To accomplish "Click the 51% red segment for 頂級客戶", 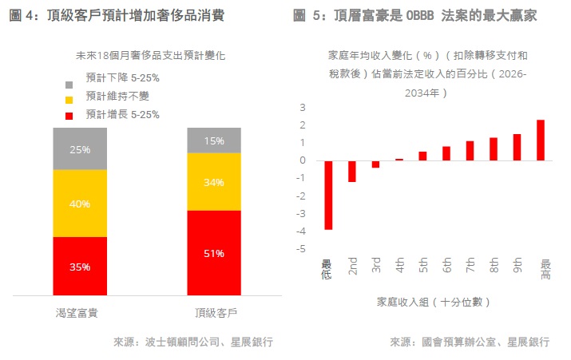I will pos(213,253).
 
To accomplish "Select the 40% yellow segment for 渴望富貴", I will pos(80,204).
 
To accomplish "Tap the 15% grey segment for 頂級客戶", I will pos(213,140).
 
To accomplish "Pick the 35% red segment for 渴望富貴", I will pos(80,267).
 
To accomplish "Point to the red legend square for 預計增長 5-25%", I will pos(69,115).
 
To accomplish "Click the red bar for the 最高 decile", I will pos(541,140).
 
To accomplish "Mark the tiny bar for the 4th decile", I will pos(399,159).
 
